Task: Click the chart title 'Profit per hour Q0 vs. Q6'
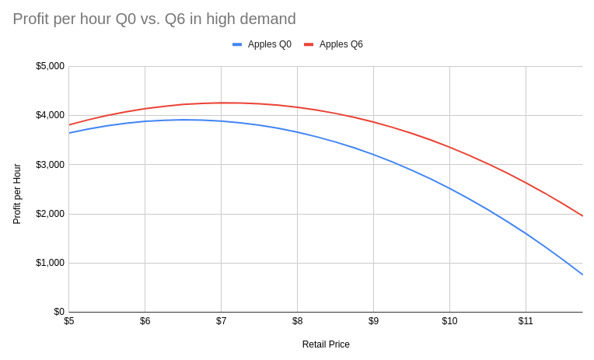[154, 19]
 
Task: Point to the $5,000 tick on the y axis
[50, 66]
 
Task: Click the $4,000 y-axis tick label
[50, 115]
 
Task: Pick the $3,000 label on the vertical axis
[50, 165]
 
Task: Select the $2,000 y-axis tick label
[50, 214]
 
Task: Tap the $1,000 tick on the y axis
[50, 263]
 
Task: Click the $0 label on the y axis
[58, 312]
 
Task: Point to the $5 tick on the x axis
[69, 321]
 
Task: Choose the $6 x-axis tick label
[145, 321]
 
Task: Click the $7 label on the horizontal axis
[221, 321]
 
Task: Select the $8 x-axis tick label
[297, 321]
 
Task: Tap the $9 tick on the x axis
[373, 321]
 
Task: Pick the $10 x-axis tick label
[449, 321]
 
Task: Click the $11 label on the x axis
[526, 321]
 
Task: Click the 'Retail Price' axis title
[326, 344]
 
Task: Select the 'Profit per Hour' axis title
[17, 194]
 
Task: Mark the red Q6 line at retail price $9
[373, 122]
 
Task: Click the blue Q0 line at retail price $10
[449, 188]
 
